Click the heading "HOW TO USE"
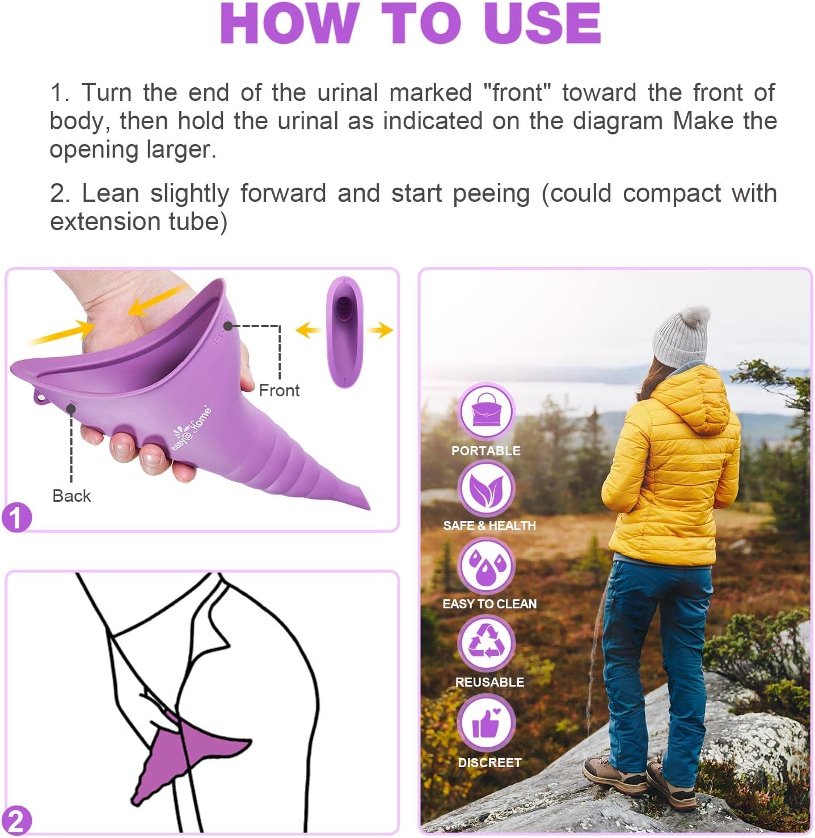coord(411,24)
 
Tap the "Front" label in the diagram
coord(279,390)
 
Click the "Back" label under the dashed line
coord(71,496)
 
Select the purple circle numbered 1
coord(16,518)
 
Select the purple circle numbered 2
coord(16,821)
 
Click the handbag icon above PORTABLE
coord(485,412)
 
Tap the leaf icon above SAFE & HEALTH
coord(486,489)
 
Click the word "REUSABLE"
coord(489,682)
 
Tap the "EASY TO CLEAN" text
coord(489,604)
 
